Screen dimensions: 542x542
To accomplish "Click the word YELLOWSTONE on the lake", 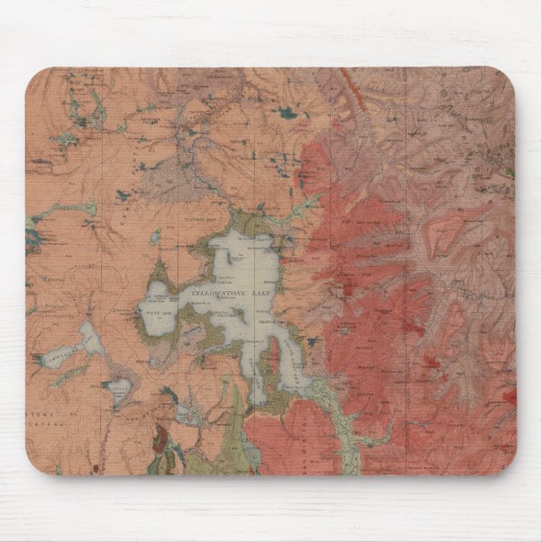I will (x=215, y=292).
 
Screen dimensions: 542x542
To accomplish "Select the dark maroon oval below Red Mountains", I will (x=159, y=438).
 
